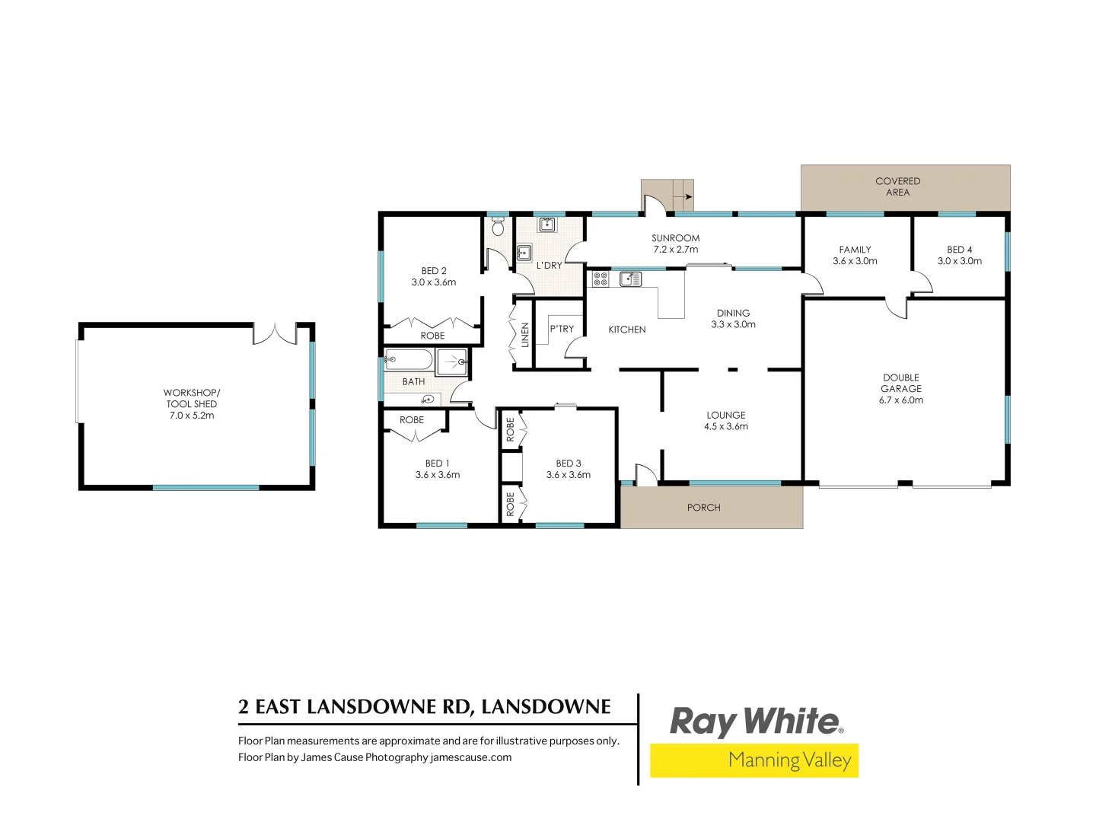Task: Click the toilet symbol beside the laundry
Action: point(498,227)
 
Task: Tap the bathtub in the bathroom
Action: point(409,359)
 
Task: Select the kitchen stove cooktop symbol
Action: point(601,279)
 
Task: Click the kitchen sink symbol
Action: point(629,279)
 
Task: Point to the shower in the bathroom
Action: point(452,362)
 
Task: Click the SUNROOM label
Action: point(675,238)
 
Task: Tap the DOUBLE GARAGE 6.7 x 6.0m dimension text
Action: point(901,400)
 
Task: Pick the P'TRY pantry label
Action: point(562,329)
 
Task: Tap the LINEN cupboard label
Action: point(524,335)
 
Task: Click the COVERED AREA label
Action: point(897,186)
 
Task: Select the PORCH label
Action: point(703,508)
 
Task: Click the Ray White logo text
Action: point(754,722)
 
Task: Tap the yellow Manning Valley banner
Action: point(753,760)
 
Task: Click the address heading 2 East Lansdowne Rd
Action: point(424,707)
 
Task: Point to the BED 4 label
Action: point(959,250)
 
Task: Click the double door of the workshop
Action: point(275,334)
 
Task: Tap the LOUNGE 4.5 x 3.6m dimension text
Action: point(726,426)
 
